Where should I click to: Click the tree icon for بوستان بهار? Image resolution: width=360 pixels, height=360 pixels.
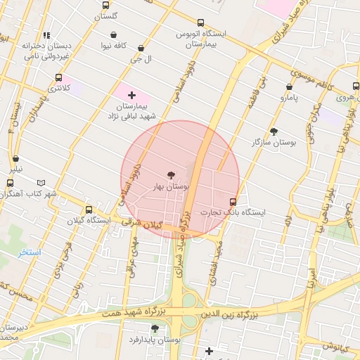point(171,175)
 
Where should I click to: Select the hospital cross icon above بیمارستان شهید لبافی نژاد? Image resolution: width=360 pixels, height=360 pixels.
point(131,94)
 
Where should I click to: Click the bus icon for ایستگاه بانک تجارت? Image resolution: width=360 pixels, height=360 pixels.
point(233,201)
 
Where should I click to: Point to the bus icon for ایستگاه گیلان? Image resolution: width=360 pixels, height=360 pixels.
point(89,210)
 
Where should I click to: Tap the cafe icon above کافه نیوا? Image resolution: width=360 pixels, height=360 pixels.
point(113,34)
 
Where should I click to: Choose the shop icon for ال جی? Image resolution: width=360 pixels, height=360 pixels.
point(141,49)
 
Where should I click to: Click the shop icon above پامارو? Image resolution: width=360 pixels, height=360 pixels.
point(289,87)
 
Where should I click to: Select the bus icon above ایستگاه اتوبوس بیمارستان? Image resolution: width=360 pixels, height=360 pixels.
point(201,22)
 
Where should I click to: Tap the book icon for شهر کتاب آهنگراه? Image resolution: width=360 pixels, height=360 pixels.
point(41,183)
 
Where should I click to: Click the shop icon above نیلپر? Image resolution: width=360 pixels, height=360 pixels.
point(15,159)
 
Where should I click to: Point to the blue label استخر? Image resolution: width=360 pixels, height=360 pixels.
point(30,252)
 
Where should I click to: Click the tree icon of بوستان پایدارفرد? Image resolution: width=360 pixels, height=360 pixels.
point(155,328)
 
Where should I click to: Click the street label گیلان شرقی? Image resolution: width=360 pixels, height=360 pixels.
point(141,224)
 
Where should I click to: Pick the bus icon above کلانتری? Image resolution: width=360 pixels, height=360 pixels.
point(58,78)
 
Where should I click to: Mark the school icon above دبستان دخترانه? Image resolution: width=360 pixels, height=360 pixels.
point(46,34)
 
